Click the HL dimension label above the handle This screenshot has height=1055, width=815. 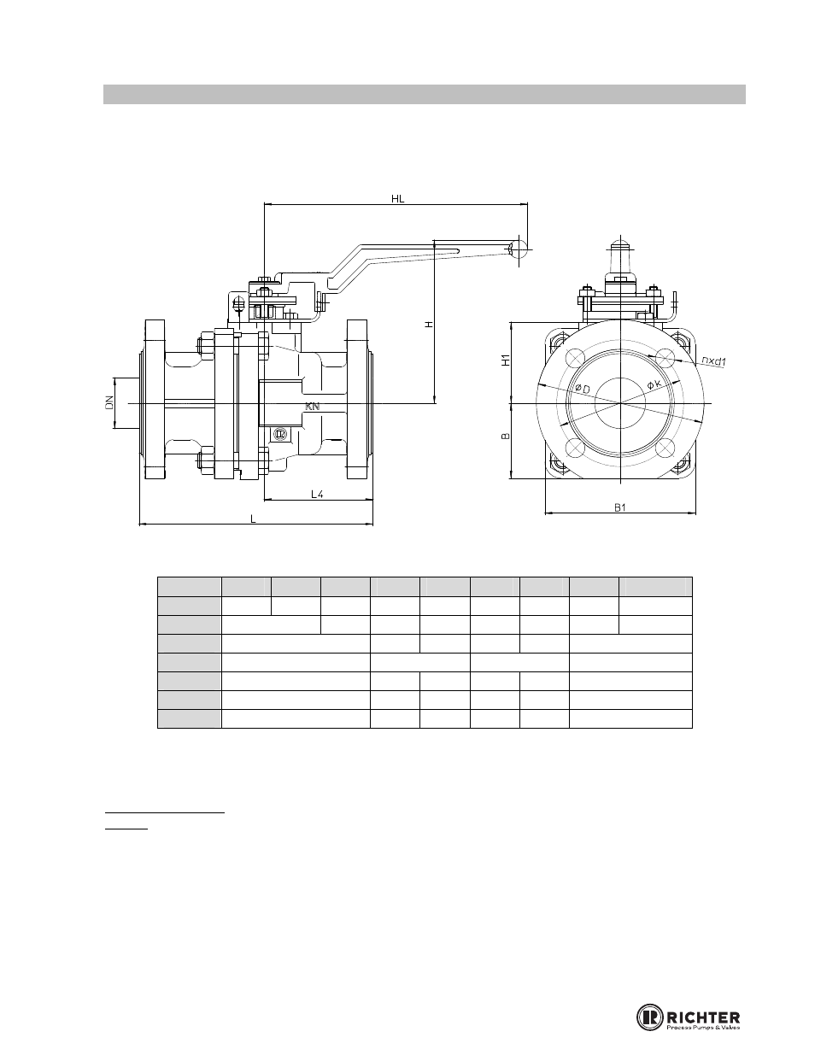tap(397, 198)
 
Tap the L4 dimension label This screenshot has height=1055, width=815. tap(317, 495)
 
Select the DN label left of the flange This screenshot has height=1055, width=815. tap(108, 402)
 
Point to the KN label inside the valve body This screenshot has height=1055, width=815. tap(313, 407)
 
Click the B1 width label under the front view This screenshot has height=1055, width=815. tap(620, 507)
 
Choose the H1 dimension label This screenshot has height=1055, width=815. tap(505, 360)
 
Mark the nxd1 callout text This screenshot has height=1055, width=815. tap(713, 360)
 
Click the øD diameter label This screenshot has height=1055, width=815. tap(582, 389)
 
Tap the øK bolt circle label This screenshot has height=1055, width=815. tap(654, 384)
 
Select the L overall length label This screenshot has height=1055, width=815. tap(253, 519)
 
